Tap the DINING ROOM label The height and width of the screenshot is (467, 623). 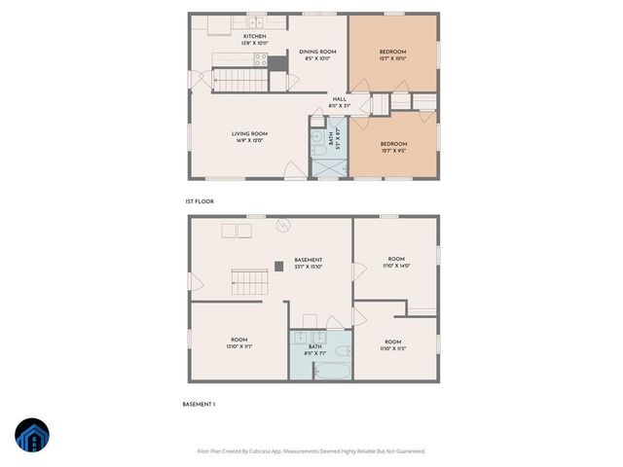[316, 52]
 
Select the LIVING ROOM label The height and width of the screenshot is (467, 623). [249, 133]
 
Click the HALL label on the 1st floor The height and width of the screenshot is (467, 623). [339, 98]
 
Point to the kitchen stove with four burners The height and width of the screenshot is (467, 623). [261, 58]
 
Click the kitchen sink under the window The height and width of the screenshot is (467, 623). [255, 23]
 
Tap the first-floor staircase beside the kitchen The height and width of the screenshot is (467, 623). [234, 80]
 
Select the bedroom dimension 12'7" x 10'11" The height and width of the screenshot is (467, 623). [392, 58]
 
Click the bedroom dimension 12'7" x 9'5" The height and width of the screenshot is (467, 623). [392, 150]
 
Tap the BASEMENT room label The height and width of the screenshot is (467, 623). [308, 260]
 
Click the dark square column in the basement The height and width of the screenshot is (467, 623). [279, 265]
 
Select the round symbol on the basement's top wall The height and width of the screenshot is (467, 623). [282, 226]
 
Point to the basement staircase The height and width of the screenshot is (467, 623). [249, 284]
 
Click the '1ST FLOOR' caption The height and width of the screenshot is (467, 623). [199, 201]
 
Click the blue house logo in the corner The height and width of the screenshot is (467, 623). [32, 435]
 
